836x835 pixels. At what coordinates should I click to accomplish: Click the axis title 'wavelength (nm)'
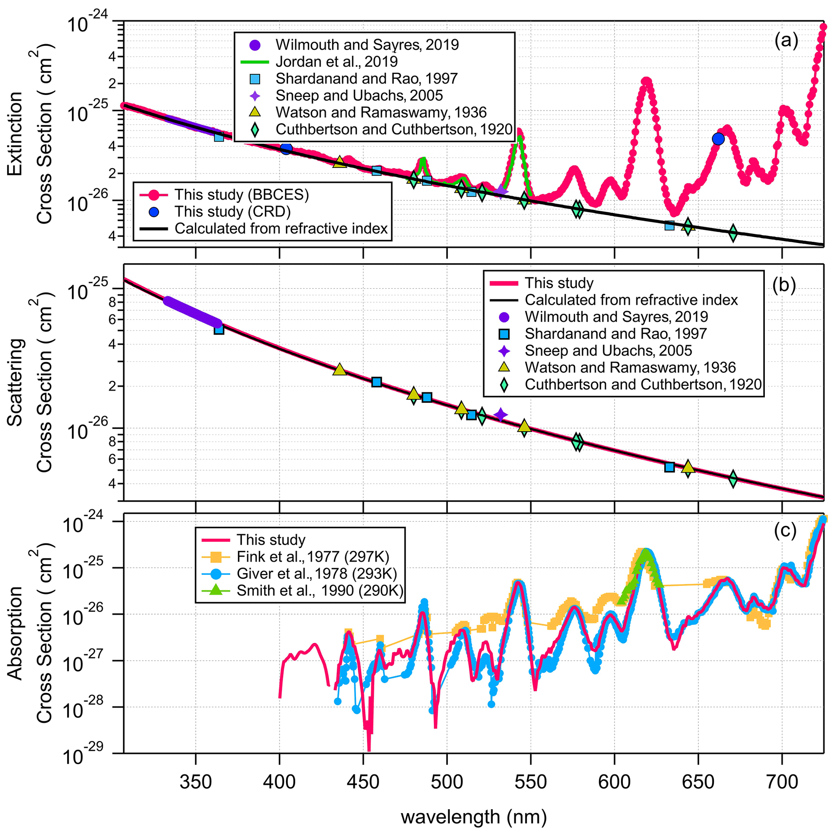point(474,817)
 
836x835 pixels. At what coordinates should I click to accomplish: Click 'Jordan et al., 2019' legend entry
point(336,61)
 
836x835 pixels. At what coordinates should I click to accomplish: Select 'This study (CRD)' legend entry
point(233,212)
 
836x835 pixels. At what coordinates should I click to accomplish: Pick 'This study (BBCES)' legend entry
point(241,195)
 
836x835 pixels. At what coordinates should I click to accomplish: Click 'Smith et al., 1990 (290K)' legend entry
point(320,590)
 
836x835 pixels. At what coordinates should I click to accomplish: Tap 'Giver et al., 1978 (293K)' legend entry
point(316,574)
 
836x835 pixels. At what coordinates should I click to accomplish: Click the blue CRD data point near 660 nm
point(718,139)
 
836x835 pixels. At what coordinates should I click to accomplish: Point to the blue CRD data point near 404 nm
point(286,148)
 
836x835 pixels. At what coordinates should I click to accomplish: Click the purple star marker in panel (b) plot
point(501,415)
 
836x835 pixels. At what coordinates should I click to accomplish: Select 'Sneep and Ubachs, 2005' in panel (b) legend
point(608,351)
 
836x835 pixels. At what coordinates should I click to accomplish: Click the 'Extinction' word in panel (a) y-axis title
point(15,134)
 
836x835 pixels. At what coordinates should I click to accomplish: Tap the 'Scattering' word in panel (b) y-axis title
point(15,382)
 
